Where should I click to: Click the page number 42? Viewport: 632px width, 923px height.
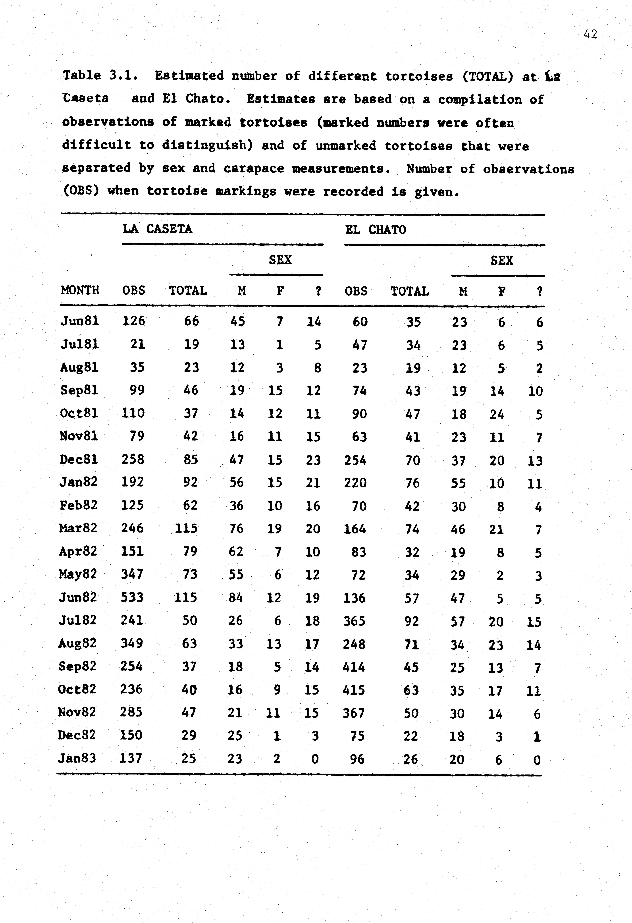(590, 35)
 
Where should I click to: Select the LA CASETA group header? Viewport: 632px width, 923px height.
(158, 229)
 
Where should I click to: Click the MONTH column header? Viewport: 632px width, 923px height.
(80, 290)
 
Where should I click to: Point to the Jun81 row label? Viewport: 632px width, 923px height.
(79, 321)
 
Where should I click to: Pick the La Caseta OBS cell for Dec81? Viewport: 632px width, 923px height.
(133, 460)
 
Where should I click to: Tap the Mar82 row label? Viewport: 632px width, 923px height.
(78, 528)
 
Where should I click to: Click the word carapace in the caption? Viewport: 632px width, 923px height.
(254, 169)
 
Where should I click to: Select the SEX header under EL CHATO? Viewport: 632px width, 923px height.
(502, 261)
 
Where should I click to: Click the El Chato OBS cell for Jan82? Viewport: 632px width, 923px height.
(355, 483)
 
